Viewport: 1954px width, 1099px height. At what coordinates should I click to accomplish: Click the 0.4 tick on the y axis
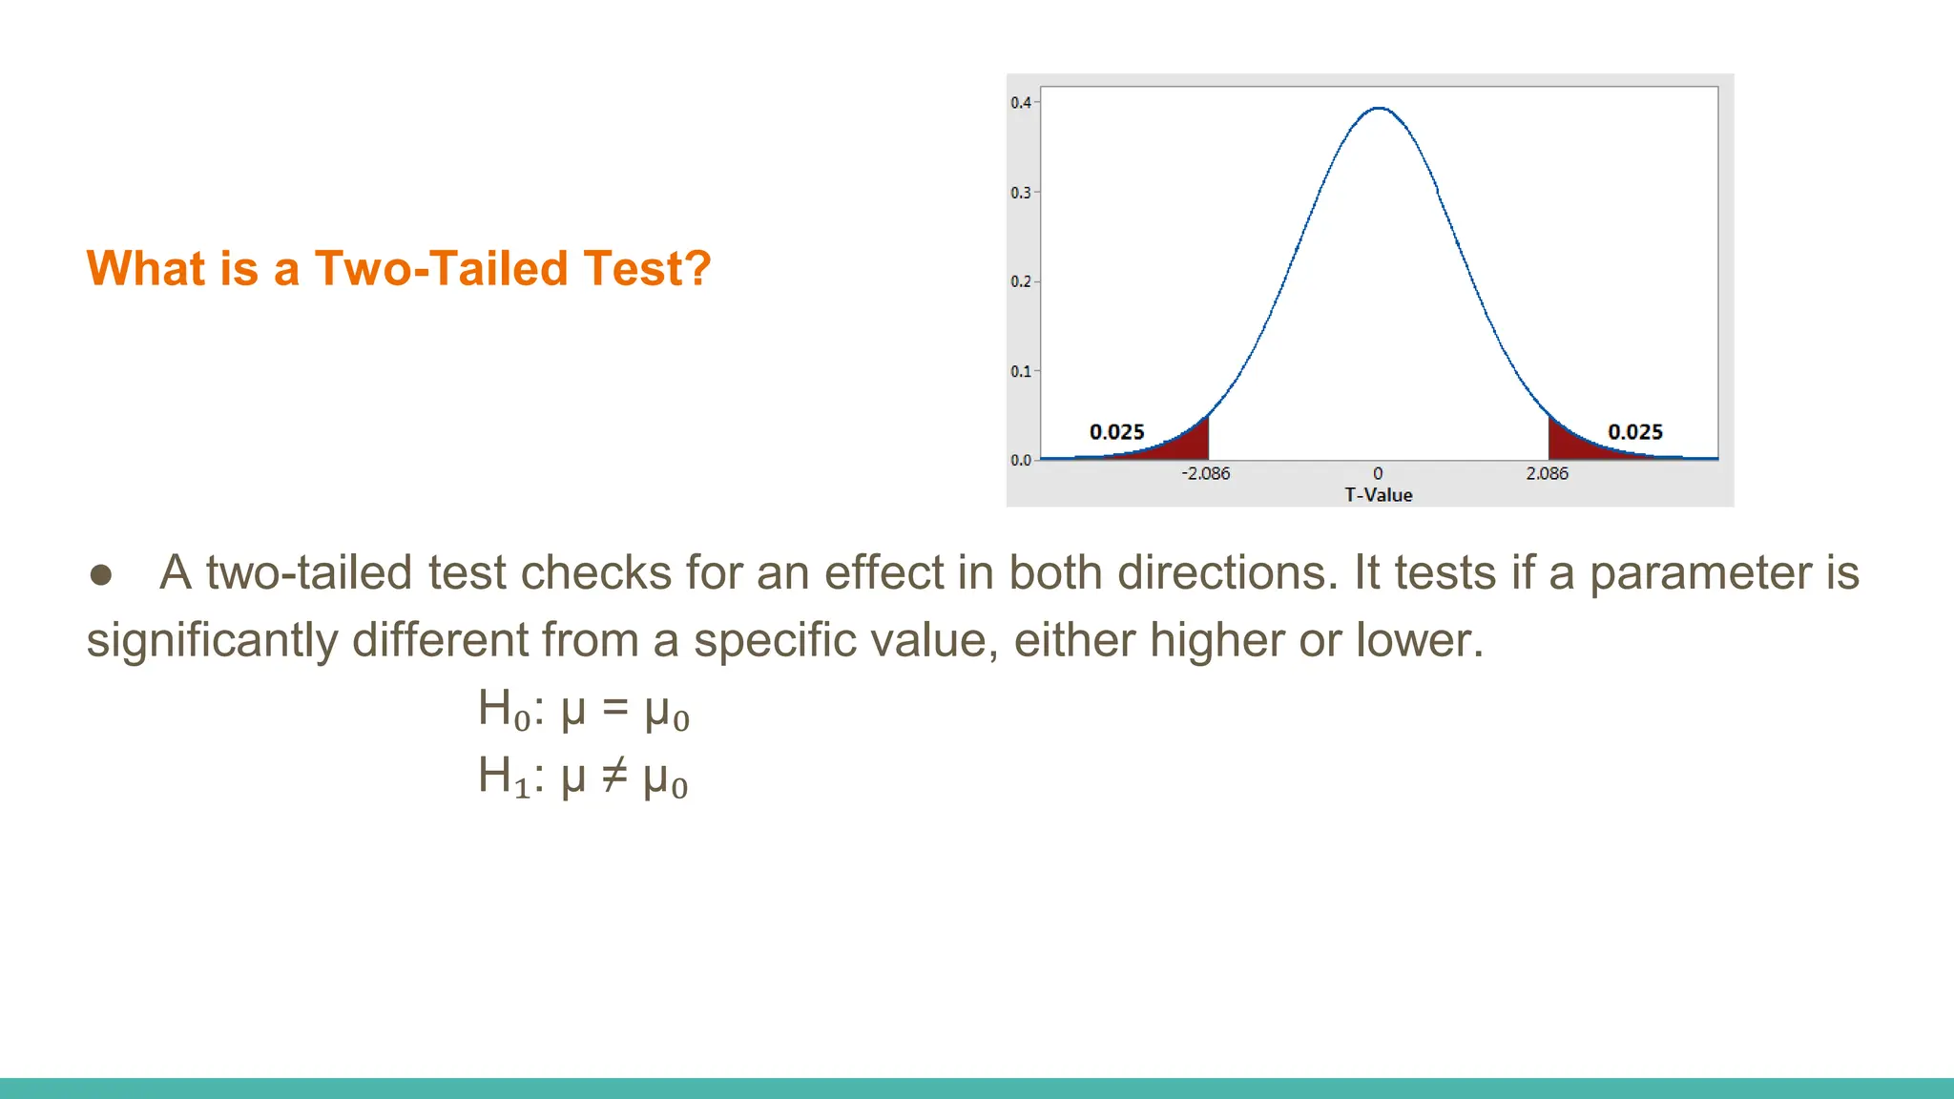pos(1021,103)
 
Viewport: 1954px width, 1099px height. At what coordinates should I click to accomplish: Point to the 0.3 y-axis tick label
pos(1021,193)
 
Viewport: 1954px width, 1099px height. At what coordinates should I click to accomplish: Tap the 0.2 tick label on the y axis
pos(1021,281)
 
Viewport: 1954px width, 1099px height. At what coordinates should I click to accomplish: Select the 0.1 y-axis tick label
pos(1021,371)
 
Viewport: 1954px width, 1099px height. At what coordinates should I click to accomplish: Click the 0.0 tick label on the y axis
pos(1021,460)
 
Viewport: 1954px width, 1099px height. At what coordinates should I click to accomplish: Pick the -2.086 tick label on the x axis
pos(1206,473)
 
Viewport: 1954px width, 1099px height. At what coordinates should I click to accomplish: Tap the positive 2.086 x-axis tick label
pos(1547,473)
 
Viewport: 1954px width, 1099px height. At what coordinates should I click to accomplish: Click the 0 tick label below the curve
pos(1378,473)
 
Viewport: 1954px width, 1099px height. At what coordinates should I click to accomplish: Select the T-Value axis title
pos(1379,495)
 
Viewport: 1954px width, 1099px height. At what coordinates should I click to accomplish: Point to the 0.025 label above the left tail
pos(1117,432)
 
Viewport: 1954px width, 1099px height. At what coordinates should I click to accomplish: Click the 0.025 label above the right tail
pos(1635,432)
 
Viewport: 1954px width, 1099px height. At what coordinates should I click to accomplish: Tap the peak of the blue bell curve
pos(1379,109)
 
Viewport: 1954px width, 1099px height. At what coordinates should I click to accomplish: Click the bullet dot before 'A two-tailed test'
pos(101,574)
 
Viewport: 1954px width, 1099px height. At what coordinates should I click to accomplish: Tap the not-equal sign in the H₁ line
pos(614,776)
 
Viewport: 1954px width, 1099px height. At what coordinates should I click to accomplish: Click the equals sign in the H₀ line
pos(615,708)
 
